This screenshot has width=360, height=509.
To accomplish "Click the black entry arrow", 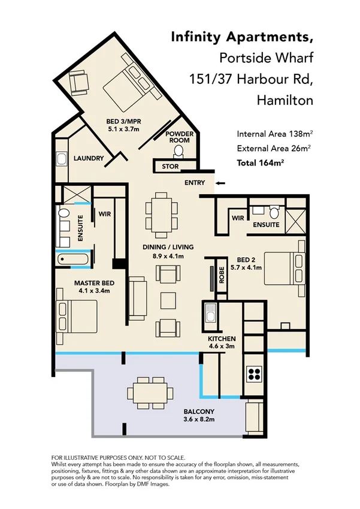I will (220, 183).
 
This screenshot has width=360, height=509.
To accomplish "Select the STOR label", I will (167, 166).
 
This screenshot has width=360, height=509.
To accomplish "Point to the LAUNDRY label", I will (89, 159).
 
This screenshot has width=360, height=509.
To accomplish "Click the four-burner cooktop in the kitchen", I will (254, 373).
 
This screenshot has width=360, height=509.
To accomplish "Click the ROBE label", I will (221, 274).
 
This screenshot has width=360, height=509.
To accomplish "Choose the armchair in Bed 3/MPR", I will (78, 82).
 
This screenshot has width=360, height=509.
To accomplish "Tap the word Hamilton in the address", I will (285, 100).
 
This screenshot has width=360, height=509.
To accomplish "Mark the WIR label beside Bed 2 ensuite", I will (237, 218).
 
